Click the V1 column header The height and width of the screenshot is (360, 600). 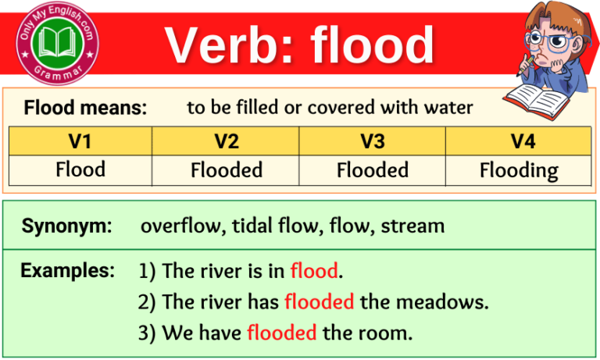[x=80, y=141]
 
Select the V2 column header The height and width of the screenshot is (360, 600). [x=226, y=141]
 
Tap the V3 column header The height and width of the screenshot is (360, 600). [x=372, y=141]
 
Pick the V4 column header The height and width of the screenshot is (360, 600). [x=518, y=141]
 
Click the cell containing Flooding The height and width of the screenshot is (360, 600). [x=518, y=169]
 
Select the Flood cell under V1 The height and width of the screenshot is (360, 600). [x=80, y=169]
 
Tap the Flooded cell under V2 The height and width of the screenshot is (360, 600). [x=226, y=169]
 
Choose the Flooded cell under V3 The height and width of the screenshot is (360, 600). [x=372, y=169]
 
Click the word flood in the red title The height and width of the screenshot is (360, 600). [x=372, y=45]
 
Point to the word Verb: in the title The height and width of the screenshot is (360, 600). [x=228, y=45]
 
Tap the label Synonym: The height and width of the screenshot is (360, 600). [x=67, y=226]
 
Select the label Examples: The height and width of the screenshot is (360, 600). [x=68, y=271]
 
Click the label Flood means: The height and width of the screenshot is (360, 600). [x=85, y=108]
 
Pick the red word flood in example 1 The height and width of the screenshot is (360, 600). [x=314, y=272]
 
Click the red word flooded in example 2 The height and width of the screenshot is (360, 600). [x=320, y=302]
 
